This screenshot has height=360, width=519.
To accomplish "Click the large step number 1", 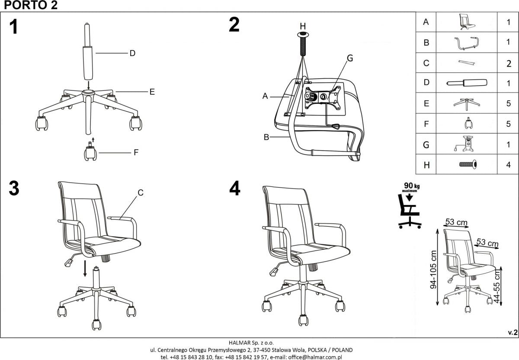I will (14, 27).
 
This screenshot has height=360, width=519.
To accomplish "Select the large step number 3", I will (14, 189).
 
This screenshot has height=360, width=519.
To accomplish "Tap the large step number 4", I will (234, 189).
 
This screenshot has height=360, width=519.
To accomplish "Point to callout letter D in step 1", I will (132, 53).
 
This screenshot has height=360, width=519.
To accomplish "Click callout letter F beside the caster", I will (136, 153).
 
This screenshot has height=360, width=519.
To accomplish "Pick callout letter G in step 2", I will (350, 58).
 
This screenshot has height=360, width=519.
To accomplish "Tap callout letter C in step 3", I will (141, 193).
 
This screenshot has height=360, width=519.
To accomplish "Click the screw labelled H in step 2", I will (303, 43).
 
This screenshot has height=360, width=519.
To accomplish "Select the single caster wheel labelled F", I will (90, 152).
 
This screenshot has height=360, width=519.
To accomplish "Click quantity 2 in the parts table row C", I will (509, 63).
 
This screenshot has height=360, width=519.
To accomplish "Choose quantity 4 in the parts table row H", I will (509, 164).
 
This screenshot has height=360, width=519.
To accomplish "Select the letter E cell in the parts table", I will (426, 103).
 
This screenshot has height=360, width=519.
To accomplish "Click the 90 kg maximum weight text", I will (410, 188).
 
